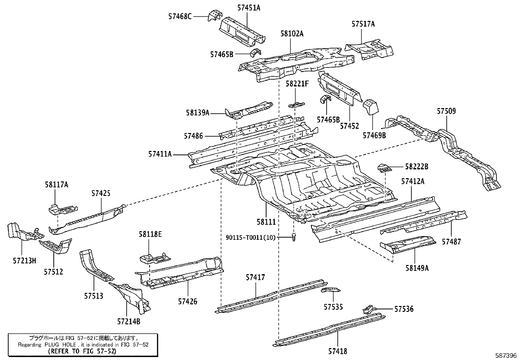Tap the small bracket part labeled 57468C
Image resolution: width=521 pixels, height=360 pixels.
tap(215, 16)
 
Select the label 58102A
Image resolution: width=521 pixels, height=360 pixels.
tap(292, 33)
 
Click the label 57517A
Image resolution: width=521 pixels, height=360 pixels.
tap(363, 24)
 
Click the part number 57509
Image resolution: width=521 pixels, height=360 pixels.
tap(446, 111)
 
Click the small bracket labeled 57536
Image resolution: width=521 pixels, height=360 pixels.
tap(368, 309)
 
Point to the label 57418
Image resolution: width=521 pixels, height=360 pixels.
tap(337, 351)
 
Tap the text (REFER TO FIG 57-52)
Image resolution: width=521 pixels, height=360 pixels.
tap(82, 351)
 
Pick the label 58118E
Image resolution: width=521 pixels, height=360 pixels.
tap(150, 234)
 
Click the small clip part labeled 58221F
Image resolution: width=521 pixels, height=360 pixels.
tap(296, 105)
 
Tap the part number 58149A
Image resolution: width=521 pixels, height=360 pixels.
tap(417, 268)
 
